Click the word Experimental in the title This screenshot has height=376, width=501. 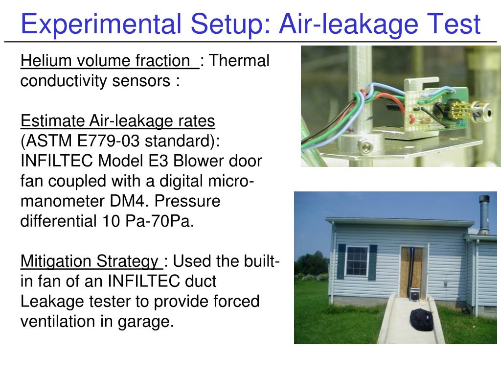[101, 24]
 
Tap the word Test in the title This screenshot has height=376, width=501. [454, 24]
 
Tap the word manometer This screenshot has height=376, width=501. [62, 202]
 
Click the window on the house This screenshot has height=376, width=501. [357, 261]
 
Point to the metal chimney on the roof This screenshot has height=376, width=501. [484, 214]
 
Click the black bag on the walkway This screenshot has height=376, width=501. [421, 320]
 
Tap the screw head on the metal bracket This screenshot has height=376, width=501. [365, 147]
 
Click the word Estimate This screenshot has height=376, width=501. [52, 120]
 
